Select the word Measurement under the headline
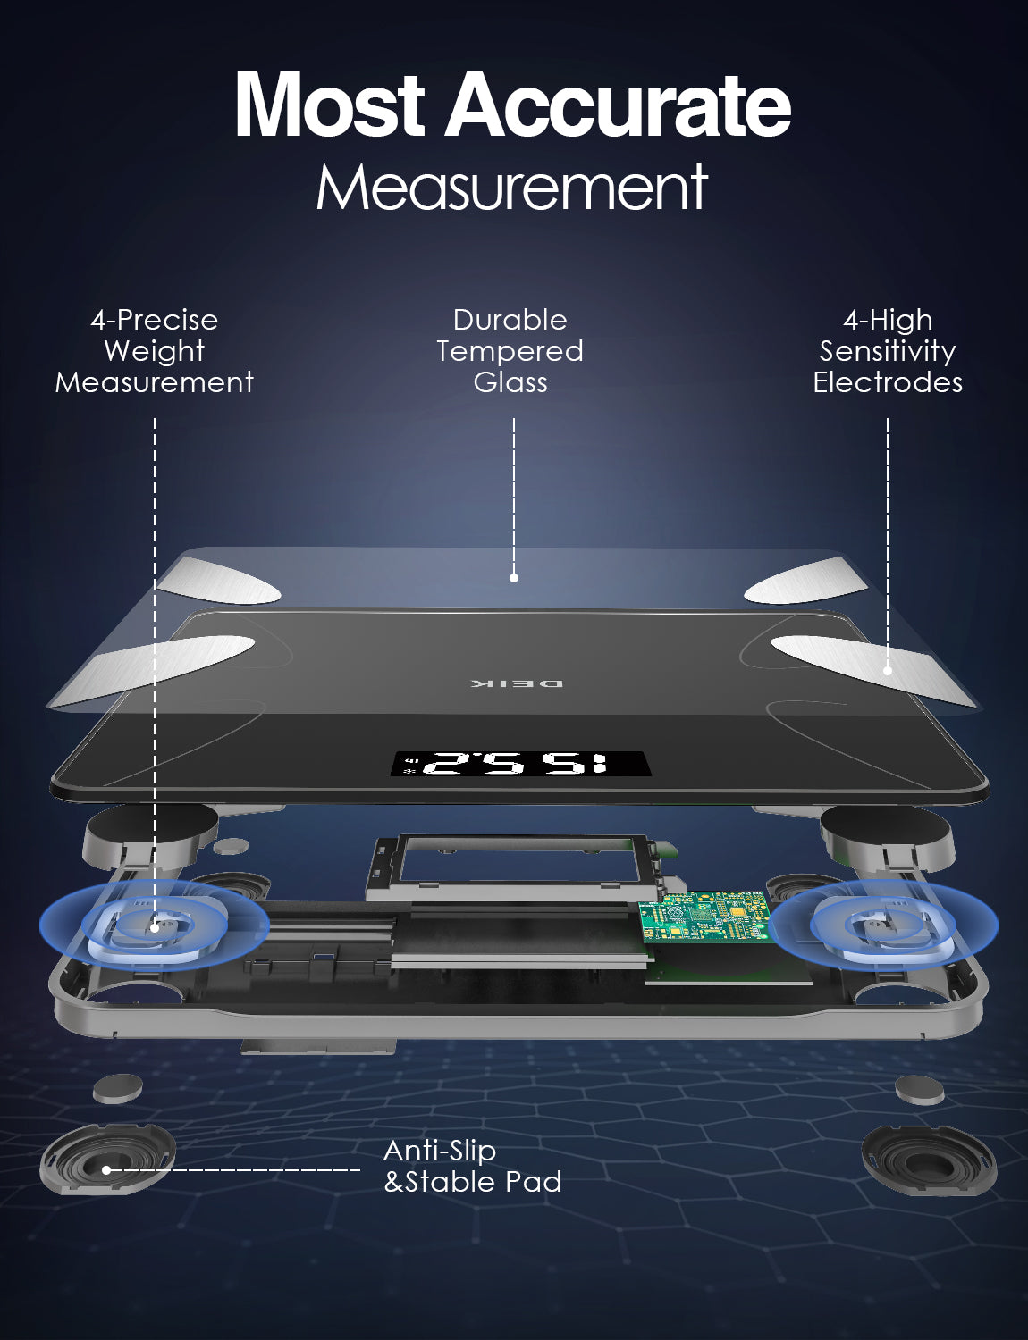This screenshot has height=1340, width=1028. pyautogui.click(x=512, y=188)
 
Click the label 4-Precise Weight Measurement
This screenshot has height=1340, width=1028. pyautogui.click(x=155, y=351)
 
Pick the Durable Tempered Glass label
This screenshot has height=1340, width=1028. pyautogui.click(x=510, y=351)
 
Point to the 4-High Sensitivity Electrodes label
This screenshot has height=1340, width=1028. pyautogui.click(x=888, y=351)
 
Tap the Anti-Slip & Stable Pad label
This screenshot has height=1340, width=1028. pyautogui.click(x=472, y=1167)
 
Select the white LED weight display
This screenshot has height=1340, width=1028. pyautogui.click(x=521, y=765)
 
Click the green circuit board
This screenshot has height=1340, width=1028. pyautogui.click(x=704, y=916)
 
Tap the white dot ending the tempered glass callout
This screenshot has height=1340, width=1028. pyautogui.click(x=514, y=578)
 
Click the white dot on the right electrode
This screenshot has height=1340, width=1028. pyautogui.click(x=888, y=670)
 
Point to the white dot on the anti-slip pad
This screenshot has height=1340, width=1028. pyautogui.click(x=106, y=1169)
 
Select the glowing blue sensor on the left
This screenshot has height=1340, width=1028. pyautogui.click(x=154, y=926)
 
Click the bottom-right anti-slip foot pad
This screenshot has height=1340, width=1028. pyautogui.click(x=929, y=1160)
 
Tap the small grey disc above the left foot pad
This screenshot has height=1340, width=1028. pyautogui.click(x=118, y=1088)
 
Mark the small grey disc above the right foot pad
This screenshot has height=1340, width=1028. pyautogui.click(x=919, y=1089)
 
